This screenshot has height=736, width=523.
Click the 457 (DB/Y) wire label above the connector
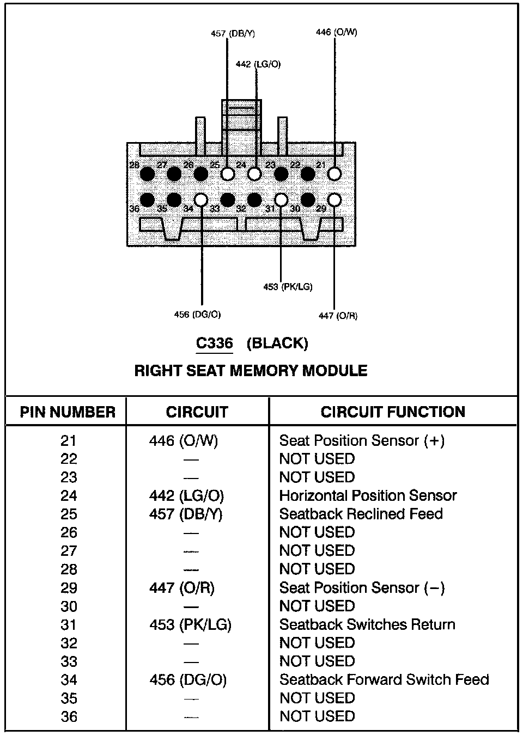(x=233, y=34)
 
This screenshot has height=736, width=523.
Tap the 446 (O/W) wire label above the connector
(x=336, y=32)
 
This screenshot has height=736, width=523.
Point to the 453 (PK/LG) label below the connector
(x=288, y=286)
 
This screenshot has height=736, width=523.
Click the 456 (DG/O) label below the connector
(x=197, y=315)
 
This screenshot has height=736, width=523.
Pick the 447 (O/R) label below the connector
(x=338, y=316)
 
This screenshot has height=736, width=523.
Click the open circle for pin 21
(x=335, y=174)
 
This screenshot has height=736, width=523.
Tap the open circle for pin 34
(x=201, y=200)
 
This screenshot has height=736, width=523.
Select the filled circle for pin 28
(x=147, y=174)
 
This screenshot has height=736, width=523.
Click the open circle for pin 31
(x=281, y=200)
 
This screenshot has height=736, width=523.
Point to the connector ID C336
(x=214, y=344)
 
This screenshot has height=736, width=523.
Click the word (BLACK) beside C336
(x=277, y=344)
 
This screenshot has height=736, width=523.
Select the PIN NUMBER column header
(x=68, y=412)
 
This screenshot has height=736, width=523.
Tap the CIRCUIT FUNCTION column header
(x=393, y=412)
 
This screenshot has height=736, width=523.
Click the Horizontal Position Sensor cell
(x=368, y=495)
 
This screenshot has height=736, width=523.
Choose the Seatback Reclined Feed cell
(x=361, y=514)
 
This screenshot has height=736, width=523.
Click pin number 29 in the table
(x=69, y=588)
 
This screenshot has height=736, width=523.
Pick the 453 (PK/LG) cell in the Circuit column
(x=190, y=624)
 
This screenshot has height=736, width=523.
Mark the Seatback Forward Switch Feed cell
(x=384, y=679)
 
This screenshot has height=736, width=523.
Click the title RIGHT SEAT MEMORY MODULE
(x=251, y=371)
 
